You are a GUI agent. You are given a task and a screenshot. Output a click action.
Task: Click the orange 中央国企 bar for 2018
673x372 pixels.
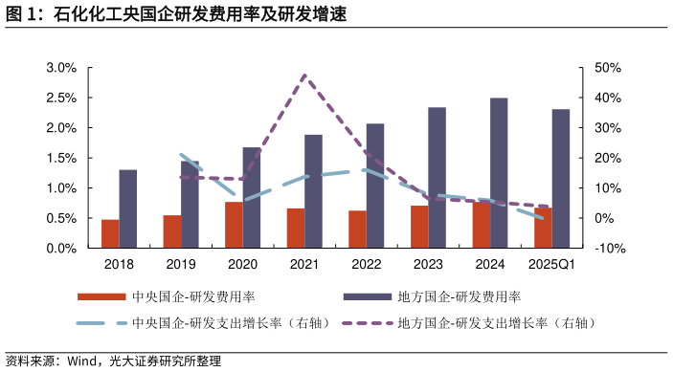coord(110,233)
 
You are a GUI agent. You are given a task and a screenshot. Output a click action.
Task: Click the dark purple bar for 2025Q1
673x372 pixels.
coord(561,179)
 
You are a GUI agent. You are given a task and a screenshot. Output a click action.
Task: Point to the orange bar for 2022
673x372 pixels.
coord(357,230)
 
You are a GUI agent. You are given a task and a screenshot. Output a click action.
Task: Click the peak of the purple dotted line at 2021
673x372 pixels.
coord(305,75)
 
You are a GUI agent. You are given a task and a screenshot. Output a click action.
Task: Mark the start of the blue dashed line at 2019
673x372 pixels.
coord(182,154)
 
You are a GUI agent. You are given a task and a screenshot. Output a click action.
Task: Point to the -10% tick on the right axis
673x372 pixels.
coord(610,249)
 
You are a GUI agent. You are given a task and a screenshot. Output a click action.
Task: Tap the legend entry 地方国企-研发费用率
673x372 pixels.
coord(459,297)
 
